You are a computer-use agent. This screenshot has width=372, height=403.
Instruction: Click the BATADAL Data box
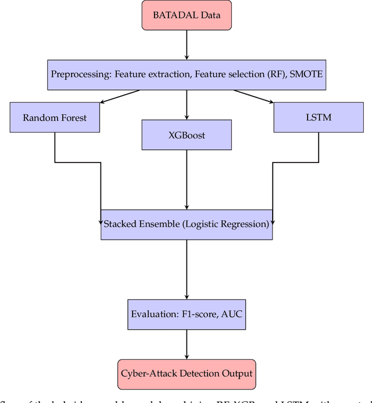(x=186, y=15)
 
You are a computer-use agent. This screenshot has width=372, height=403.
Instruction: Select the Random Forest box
(x=55, y=118)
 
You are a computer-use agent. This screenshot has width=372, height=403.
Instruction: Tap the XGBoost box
(x=186, y=135)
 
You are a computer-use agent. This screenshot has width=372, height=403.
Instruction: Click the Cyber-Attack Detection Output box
(x=186, y=372)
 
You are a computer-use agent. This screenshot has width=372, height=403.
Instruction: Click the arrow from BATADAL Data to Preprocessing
(x=186, y=45)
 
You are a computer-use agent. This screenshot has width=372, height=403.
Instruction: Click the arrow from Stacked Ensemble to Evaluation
(x=186, y=269)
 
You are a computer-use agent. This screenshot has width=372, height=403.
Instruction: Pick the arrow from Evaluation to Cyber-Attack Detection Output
(x=186, y=343)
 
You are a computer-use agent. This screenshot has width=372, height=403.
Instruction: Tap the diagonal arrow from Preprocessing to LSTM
(x=254, y=96)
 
